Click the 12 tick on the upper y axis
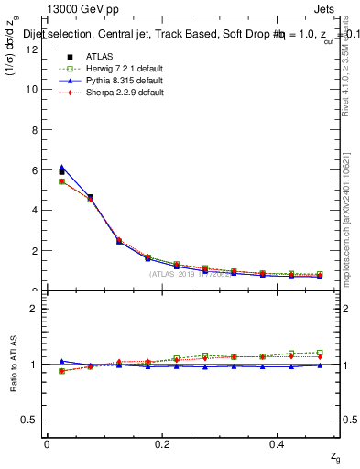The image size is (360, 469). (32, 49)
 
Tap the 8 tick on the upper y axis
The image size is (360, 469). (32, 129)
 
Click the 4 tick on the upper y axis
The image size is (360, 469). (32, 210)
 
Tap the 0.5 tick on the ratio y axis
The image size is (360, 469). (29, 420)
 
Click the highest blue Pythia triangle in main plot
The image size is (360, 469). (61, 168)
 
